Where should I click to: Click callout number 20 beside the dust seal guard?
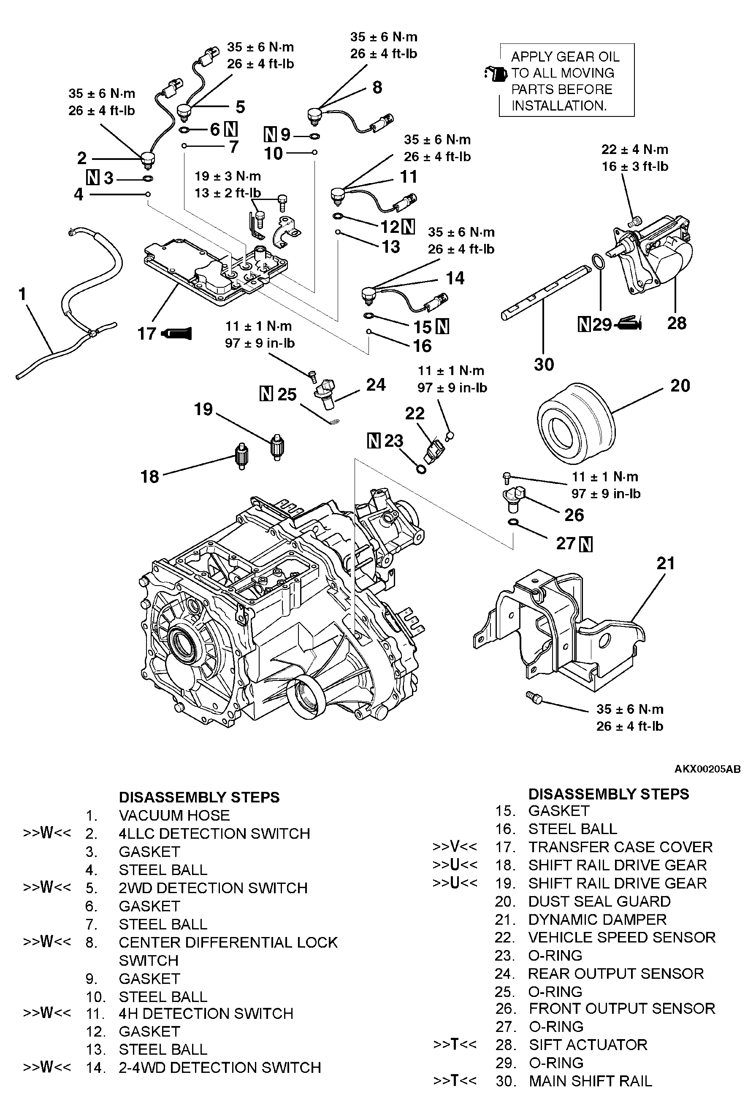(680, 386)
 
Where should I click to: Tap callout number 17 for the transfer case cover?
(147, 333)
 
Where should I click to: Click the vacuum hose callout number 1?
(22, 294)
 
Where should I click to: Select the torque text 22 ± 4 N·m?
(634, 150)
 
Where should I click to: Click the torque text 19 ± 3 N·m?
(228, 176)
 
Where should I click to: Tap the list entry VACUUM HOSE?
(174, 816)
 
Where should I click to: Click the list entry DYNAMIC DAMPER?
(597, 919)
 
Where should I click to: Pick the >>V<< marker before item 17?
(455, 847)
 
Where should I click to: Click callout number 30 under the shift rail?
(544, 365)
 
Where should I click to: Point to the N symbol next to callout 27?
(586, 545)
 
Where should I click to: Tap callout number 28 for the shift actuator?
(676, 323)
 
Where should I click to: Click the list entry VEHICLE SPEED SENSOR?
(622, 937)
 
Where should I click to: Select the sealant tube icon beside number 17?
(178, 333)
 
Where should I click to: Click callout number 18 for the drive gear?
(150, 477)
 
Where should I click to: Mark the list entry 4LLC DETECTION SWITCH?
(214, 833)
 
